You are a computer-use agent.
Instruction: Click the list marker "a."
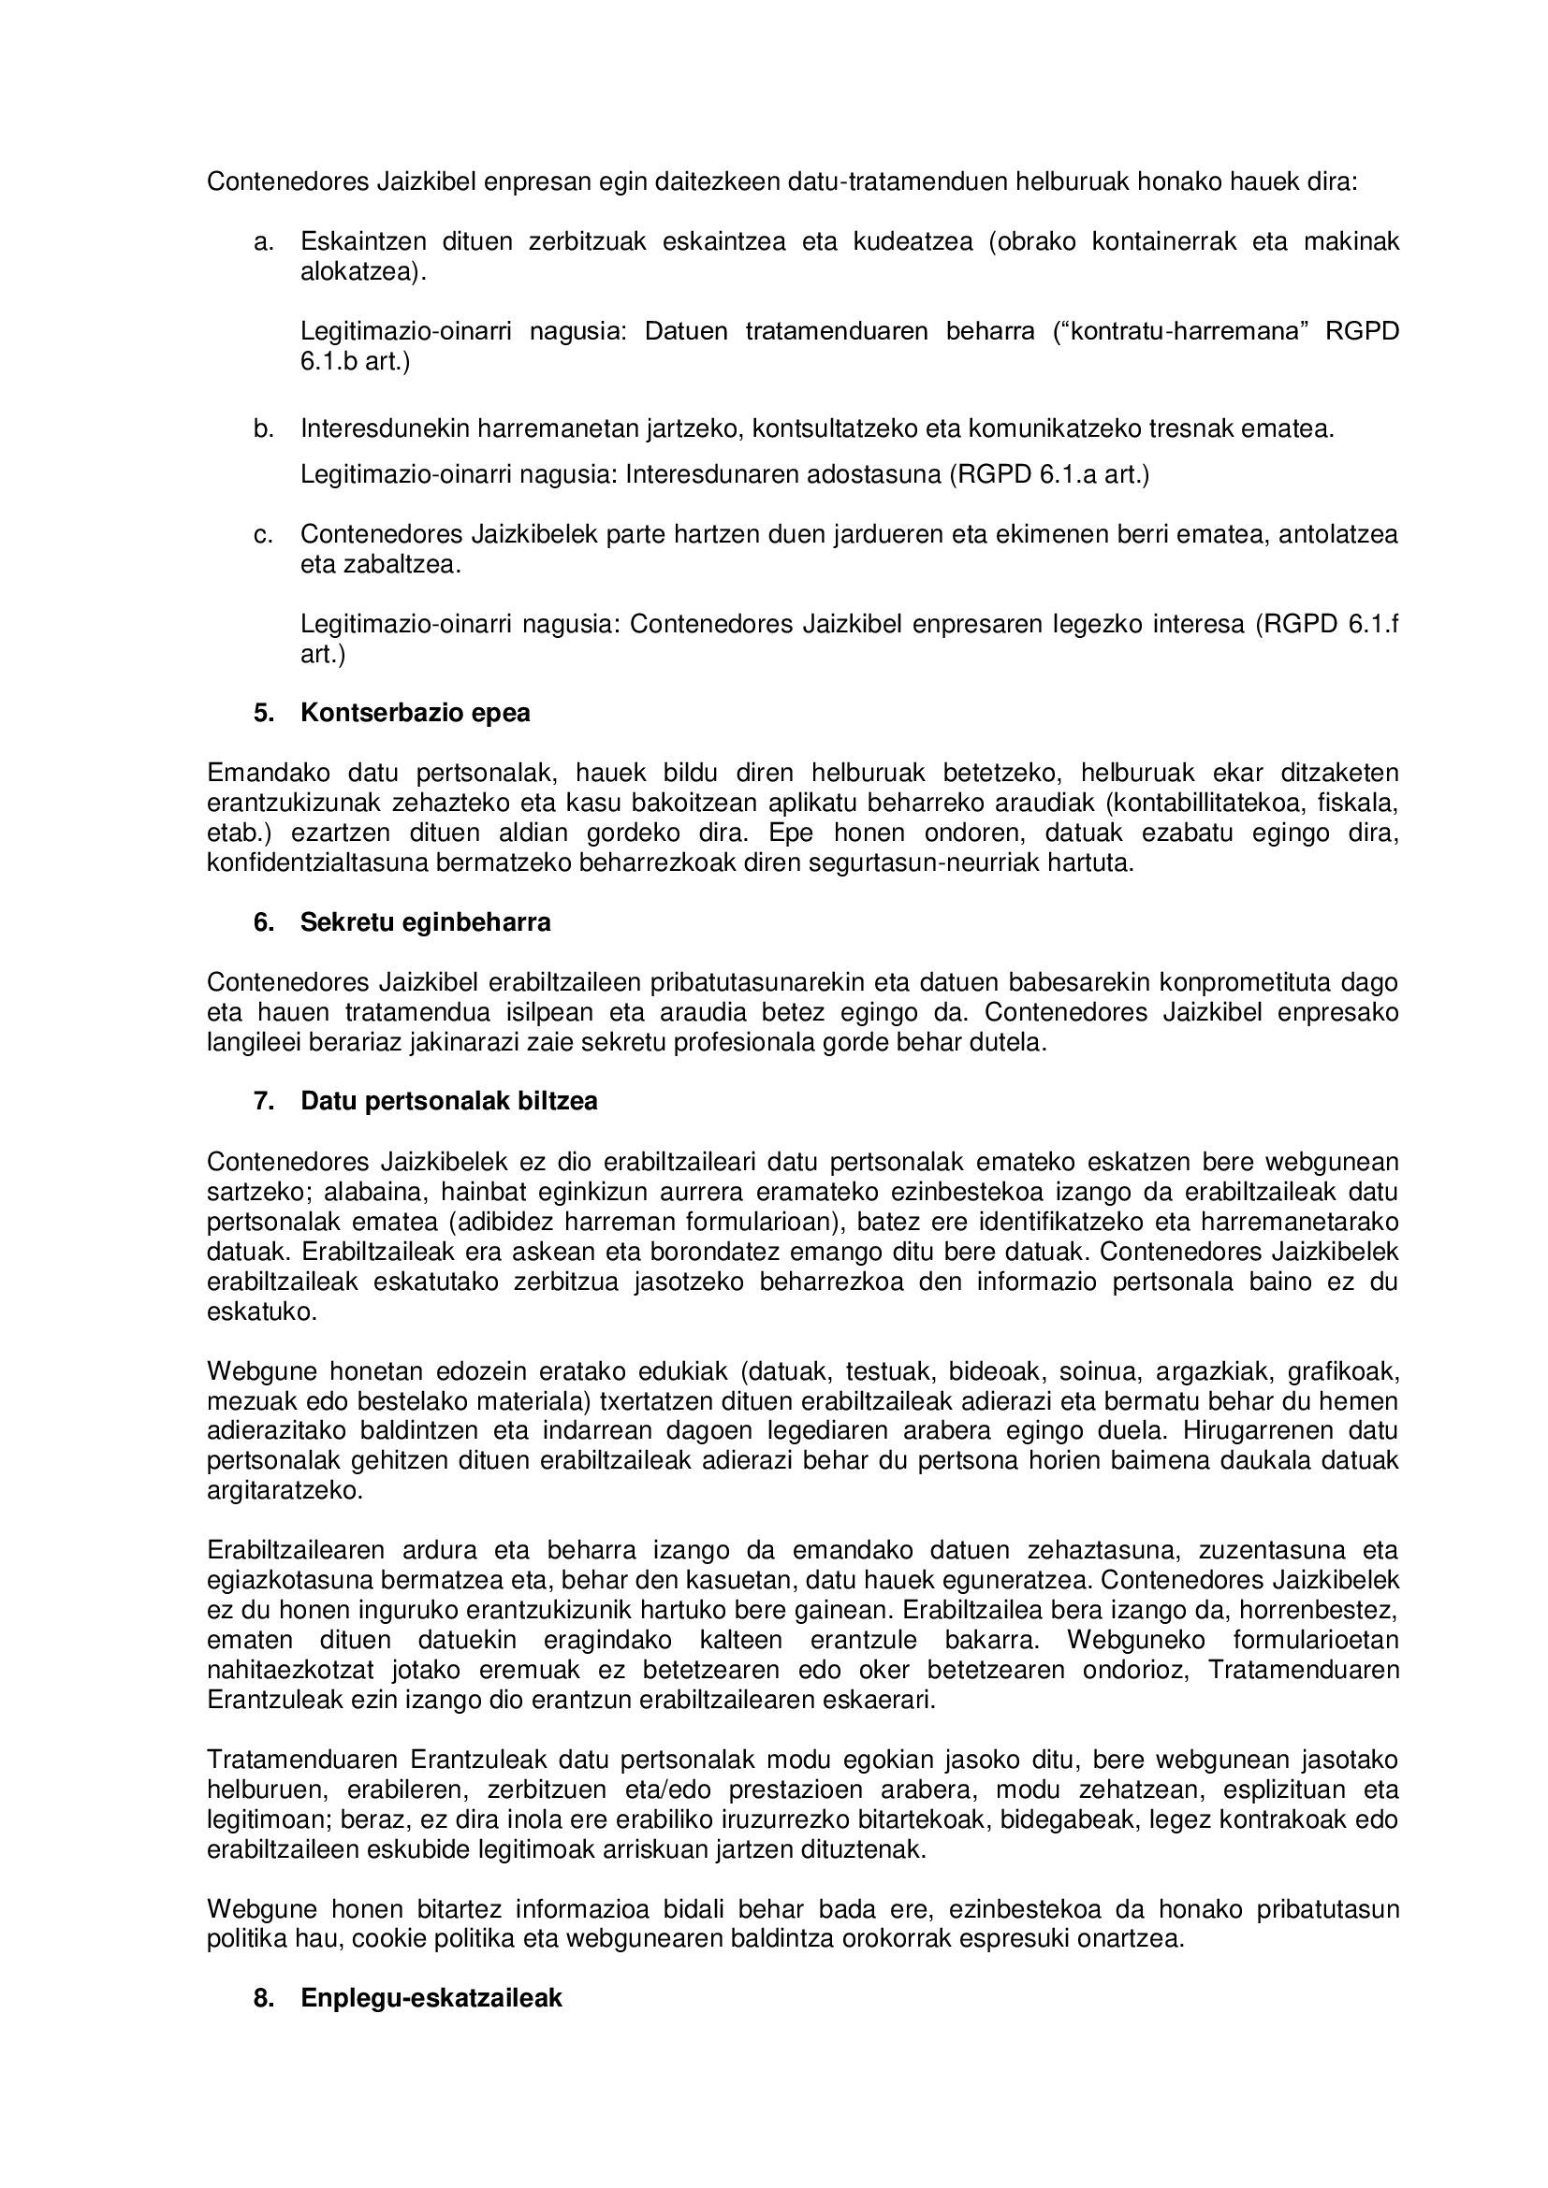[264, 242]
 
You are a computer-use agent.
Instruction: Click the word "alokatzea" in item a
[359, 272]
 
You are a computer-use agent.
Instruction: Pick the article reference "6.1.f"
[1374, 624]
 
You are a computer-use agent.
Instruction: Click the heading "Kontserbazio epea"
[416, 713]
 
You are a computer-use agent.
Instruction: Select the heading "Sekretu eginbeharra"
[425, 922]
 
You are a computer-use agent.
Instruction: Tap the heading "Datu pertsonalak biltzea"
[449, 1101]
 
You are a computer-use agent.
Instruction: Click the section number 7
[263, 1101]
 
